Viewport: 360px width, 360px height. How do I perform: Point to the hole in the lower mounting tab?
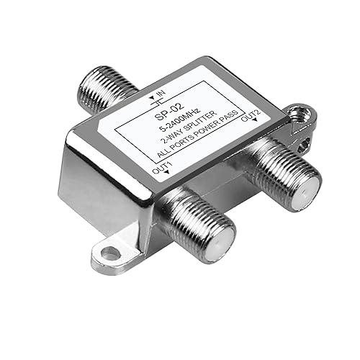[109, 253]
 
